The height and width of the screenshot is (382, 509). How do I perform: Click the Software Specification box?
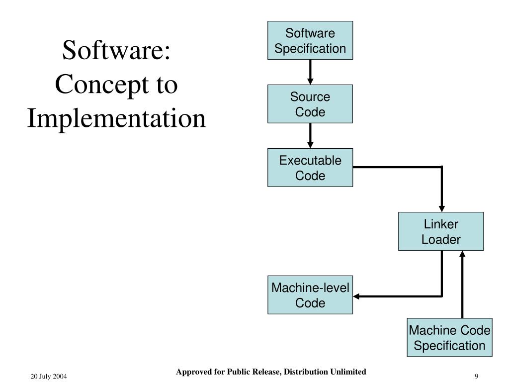[x=310, y=41]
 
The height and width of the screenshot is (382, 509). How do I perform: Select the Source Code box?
[x=310, y=104]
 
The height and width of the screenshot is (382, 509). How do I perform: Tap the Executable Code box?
[x=310, y=168]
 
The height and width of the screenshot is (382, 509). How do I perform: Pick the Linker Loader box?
[x=441, y=231]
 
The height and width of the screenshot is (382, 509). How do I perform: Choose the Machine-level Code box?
[x=310, y=295]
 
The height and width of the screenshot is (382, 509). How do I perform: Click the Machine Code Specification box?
[x=449, y=338]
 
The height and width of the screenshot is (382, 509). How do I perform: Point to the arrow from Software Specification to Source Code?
[x=310, y=72]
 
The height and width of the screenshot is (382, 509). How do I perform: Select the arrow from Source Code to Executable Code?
[x=310, y=135]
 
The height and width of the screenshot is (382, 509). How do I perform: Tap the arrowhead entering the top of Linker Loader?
[x=441, y=208]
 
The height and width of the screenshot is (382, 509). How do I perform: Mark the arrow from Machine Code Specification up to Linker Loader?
[x=463, y=286]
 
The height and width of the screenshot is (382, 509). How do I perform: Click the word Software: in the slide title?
[x=116, y=51]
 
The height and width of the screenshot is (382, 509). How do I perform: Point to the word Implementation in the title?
[x=116, y=118]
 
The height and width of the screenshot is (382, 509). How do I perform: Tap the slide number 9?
[x=476, y=377]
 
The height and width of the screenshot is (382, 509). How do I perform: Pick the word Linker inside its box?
[x=441, y=224]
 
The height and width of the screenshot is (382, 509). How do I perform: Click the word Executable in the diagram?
[x=310, y=161]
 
